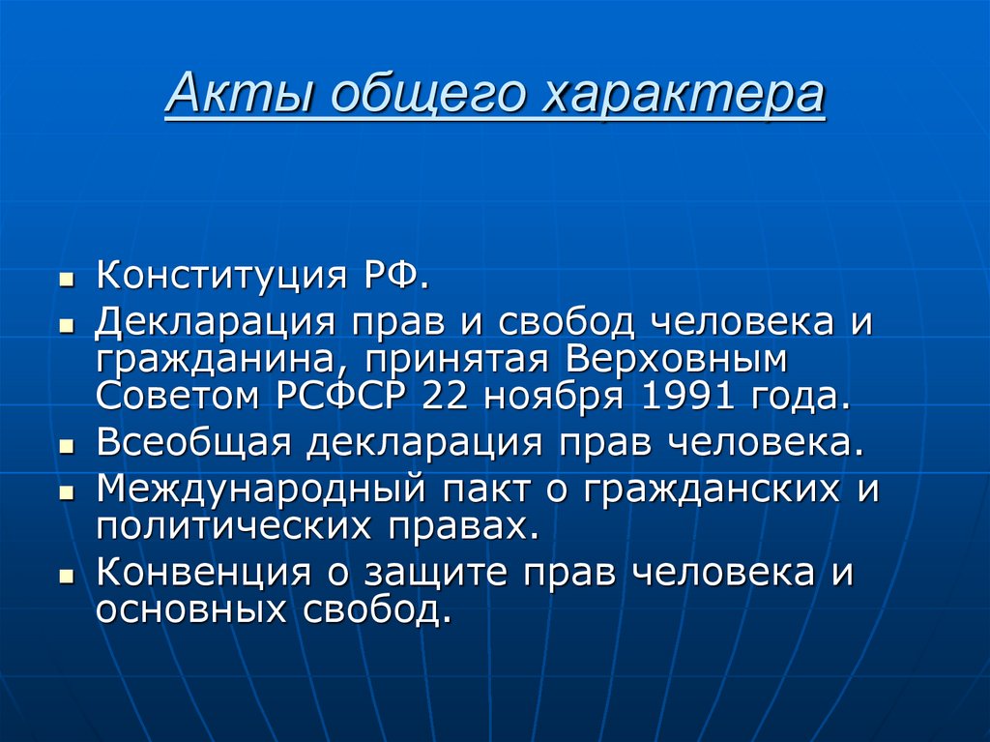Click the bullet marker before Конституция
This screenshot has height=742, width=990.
pos(66,279)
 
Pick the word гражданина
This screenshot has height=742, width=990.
pos(214,360)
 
